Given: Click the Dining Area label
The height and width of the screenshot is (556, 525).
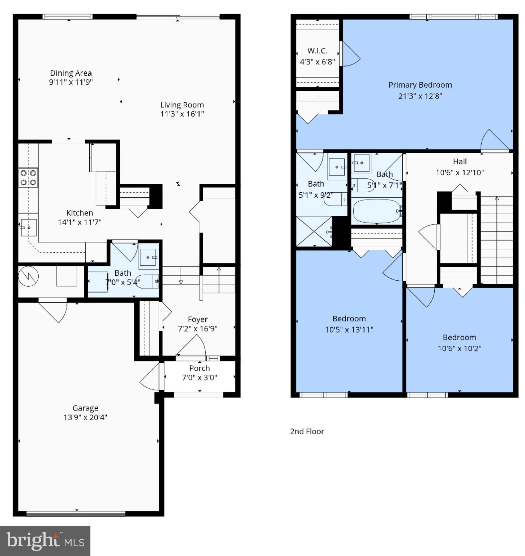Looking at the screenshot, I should coord(71,73).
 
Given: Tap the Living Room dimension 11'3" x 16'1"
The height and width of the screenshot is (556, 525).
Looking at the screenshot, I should coord(182,114).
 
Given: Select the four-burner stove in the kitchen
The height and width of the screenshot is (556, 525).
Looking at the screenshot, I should coord(28,178).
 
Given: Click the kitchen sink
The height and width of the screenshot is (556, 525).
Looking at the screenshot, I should coord(28,227).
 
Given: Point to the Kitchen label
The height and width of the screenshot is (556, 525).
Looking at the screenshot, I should coord(80,213).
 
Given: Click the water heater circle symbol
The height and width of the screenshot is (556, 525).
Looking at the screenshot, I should coord(28,277).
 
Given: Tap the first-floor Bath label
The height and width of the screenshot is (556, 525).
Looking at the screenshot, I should coord(123,273).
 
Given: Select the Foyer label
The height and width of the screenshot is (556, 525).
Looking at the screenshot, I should coord(197,319).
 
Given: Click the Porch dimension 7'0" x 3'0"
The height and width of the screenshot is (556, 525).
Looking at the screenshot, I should coord(199,378).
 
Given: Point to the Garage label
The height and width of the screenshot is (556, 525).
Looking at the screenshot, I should coord(85,408).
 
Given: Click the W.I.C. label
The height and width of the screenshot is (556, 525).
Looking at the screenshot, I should coord(317,51).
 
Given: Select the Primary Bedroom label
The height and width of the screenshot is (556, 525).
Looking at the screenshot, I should coord(420,85).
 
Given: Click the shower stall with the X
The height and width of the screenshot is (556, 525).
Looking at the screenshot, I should coord(314,231).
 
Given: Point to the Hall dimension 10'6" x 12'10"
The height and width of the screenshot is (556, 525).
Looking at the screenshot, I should coord(460,173).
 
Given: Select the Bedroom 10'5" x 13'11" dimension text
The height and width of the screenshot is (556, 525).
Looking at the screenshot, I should coord(349,330).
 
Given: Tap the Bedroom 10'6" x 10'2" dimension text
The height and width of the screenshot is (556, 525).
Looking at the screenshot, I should coord(459,349).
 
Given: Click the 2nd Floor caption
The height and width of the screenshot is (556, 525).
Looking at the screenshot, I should coord(307,431).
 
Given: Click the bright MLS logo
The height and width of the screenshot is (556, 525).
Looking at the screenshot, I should coord(45,541).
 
